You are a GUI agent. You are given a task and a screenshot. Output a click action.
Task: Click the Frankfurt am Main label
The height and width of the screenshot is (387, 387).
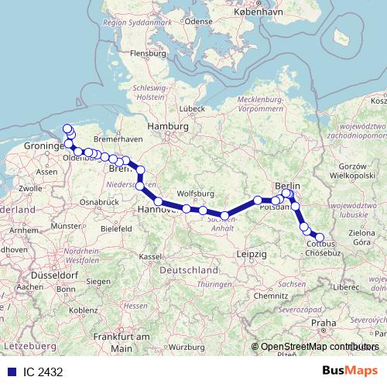coord(122,342)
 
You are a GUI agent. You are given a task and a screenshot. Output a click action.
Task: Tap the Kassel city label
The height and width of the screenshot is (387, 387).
coord(150,257)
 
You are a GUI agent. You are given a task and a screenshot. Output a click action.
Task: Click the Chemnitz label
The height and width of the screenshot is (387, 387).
coord(275,296)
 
